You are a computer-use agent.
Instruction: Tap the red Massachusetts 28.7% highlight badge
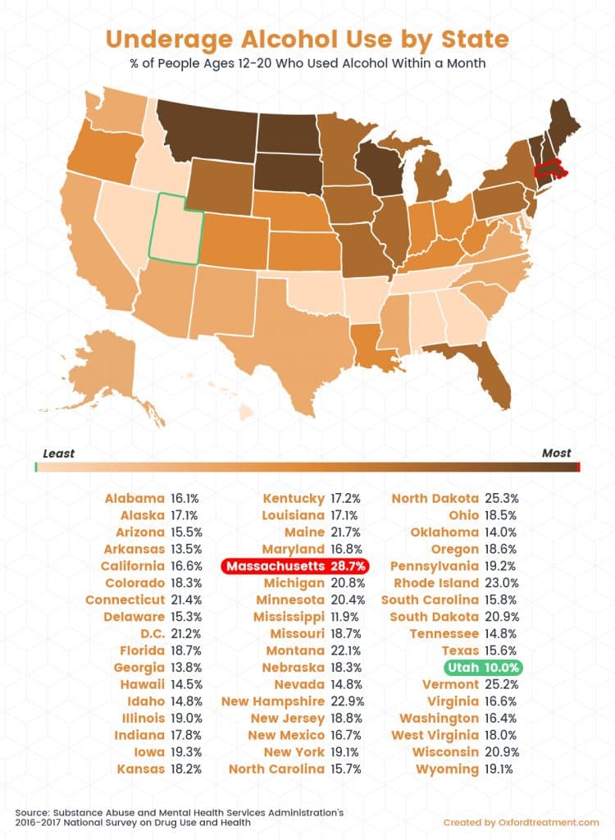[x=295, y=566]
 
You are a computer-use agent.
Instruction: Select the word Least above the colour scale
[x=58, y=454]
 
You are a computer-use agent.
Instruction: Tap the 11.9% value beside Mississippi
[x=347, y=616]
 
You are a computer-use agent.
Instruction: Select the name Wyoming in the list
[x=446, y=769]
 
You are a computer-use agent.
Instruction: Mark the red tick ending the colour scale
[x=579, y=467]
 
